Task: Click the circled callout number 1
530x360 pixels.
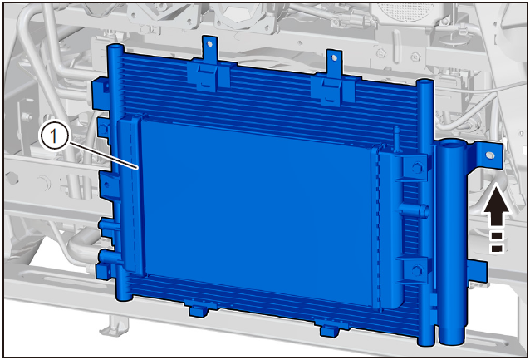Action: (x=53, y=137)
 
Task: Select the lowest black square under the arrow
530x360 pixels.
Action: (x=497, y=249)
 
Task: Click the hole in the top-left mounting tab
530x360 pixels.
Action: (x=209, y=43)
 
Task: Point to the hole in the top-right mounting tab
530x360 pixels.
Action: (x=334, y=58)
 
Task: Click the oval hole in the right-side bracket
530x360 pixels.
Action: (x=489, y=155)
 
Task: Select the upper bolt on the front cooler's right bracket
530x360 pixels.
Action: (x=417, y=168)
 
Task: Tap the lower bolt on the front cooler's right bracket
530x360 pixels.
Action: (x=417, y=270)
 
